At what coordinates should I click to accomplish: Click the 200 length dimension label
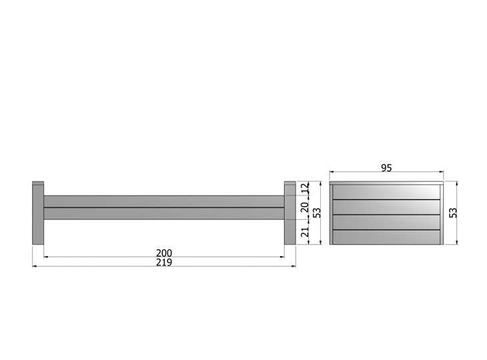coord(163,253)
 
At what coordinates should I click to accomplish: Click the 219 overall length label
coord(163,263)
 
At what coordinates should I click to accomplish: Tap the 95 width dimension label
coord(386,168)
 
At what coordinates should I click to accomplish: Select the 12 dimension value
coord(306,188)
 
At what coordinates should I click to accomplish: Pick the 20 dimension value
coord(306,207)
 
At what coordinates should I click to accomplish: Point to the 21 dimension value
coord(306,231)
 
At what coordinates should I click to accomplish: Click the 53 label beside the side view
coord(317,213)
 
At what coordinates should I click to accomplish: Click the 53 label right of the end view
coord(454,213)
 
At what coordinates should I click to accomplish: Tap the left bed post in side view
coord(38,213)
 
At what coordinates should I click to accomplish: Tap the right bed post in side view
coord(290,213)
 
